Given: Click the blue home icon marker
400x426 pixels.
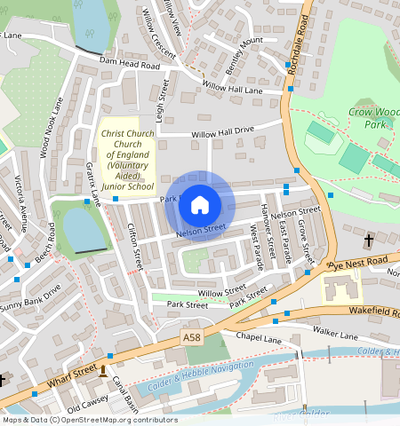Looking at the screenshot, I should click(200, 206).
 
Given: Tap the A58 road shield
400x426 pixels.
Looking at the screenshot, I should click(192, 338).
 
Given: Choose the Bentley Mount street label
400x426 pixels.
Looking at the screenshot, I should click(244, 54).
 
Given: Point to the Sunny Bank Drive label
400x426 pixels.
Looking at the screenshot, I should click(30, 298).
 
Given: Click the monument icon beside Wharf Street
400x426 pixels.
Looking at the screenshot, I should click(103, 370).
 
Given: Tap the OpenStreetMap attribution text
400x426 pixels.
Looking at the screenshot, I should click(89, 420).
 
